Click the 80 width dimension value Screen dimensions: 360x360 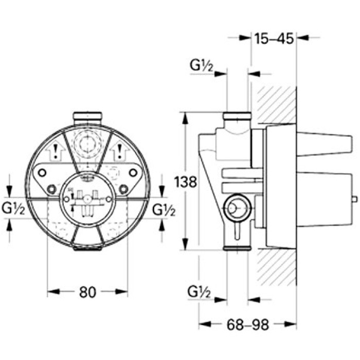[88, 292]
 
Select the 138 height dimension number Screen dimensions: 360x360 [185, 182]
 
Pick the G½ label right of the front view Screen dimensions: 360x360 [165, 209]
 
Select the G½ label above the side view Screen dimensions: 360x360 [202, 66]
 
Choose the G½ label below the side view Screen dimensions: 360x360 [202, 292]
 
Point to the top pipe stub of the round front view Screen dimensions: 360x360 [87, 117]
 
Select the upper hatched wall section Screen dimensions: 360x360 [277, 105]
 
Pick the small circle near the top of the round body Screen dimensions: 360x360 [87, 142]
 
